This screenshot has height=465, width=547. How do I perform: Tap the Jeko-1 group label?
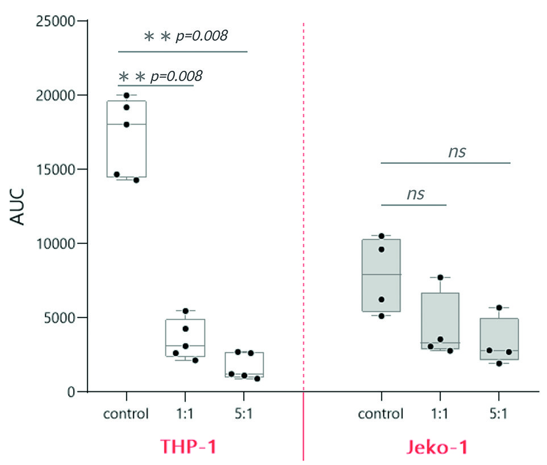pos(437,447)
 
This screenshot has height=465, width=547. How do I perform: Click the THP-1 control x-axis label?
pos(126,413)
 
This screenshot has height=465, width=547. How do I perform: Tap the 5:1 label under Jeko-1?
pos(498,413)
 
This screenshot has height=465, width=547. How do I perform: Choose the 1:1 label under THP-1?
pos(185,413)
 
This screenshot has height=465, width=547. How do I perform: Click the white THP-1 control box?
pos(127,139)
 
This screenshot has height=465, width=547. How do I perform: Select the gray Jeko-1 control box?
pos(381,275)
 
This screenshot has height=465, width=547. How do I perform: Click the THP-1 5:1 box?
pos(244,365)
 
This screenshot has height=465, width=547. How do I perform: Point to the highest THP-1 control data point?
pos(127,95)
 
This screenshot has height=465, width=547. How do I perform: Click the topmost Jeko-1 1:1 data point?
pos(440,277)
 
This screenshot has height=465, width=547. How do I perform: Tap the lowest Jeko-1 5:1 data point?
pos(499,363)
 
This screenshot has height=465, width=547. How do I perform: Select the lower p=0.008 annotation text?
pos(176,76)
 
